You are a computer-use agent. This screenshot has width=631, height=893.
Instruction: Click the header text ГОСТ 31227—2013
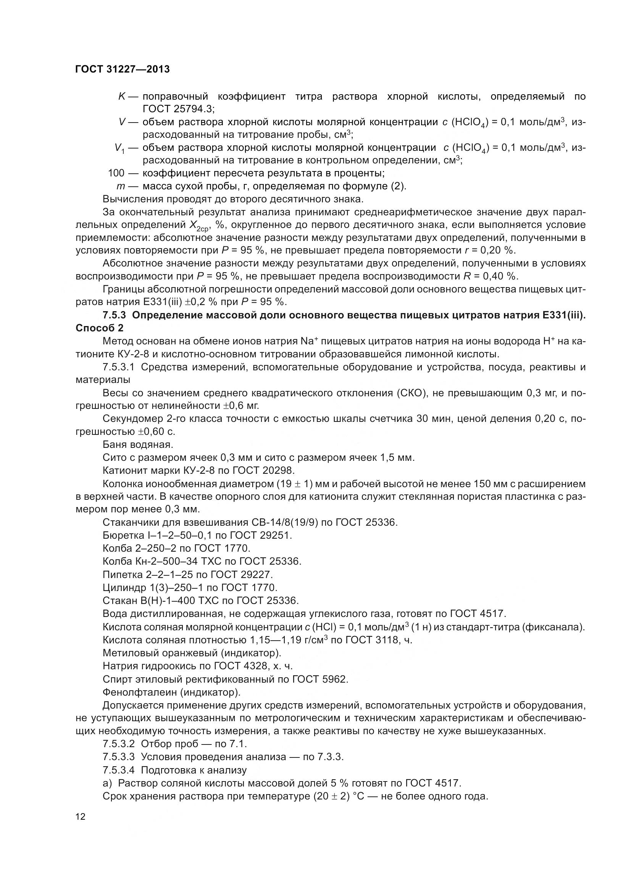click(x=123, y=69)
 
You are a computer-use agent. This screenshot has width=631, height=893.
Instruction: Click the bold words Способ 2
click(x=100, y=328)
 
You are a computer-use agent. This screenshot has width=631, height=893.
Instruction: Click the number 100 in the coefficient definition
click(x=116, y=173)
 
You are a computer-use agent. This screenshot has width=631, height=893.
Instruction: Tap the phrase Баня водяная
click(x=138, y=444)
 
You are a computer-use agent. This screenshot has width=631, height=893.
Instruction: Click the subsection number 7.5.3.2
click(x=119, y=744)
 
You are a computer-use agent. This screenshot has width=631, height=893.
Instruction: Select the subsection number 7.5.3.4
click(x=119, y=770)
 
